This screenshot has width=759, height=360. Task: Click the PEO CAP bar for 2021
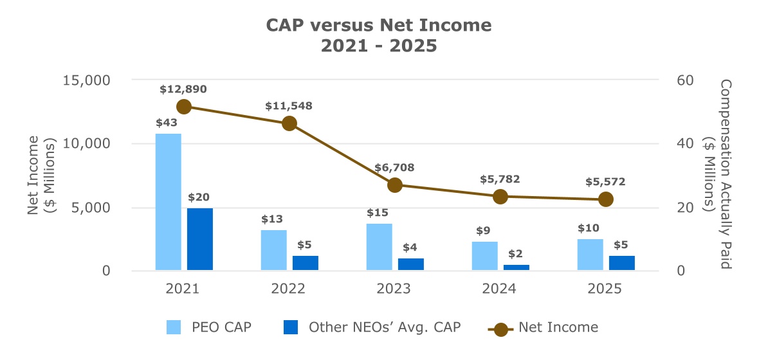point(169,202)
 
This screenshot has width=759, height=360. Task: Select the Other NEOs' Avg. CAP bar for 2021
point(200,239)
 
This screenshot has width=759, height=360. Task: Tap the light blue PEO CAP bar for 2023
point(379,247)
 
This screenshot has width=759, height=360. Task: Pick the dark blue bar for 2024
point(517,267)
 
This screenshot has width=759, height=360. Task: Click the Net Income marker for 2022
point(289,123)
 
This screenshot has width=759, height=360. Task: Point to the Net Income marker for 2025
point(605,199)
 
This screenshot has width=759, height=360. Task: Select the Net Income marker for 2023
point(395,185)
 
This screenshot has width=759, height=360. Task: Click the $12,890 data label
point(183,89)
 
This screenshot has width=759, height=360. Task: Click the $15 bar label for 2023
point(378,213)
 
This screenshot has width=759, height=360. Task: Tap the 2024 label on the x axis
point(499,289)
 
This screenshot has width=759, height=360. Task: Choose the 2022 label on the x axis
point(288,289)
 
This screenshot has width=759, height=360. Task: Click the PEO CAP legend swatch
point(174,327)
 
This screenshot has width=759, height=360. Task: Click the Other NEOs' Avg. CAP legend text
point(385,327)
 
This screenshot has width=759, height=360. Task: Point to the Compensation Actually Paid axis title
point(719,175)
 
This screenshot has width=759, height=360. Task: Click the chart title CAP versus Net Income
point(379,26)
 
